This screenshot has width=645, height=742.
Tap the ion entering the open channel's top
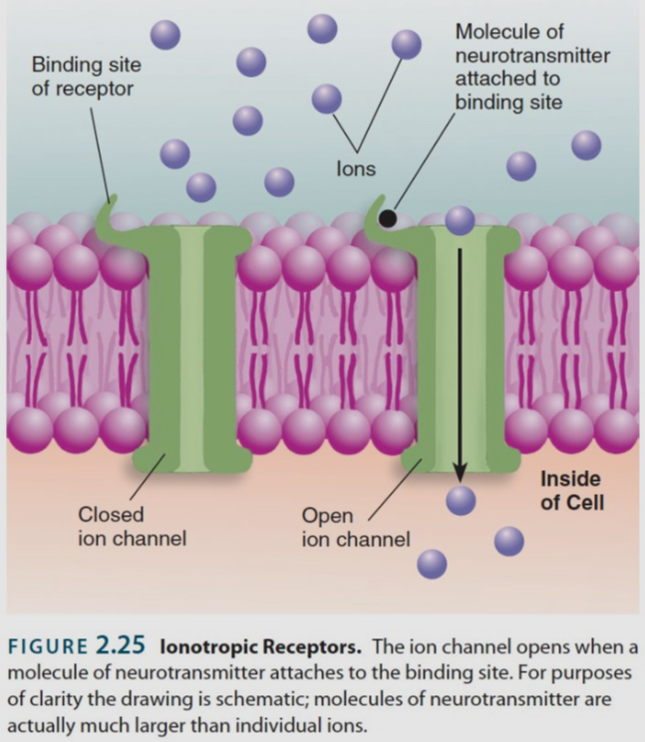pyautogui.click(x=460, y=220)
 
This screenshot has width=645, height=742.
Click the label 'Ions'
pyautogui.click(x=356, y=168)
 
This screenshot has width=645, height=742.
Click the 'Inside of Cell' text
pyautogui.click(x=571, y=489)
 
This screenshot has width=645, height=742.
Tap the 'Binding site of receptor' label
pyautogui.click(x=87, y=77)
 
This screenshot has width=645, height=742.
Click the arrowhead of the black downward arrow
pyautogui.click(x=460, y=474)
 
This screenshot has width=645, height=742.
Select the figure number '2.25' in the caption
pyautogui.click(x=125, y=645)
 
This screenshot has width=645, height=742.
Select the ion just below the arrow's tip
pyautogui.click(x=460, y=499)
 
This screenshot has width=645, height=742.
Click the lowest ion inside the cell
pyautogui.click(x=432, y=564)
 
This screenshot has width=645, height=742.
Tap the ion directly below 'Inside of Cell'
pyautogui.click(x=508, y=541)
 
